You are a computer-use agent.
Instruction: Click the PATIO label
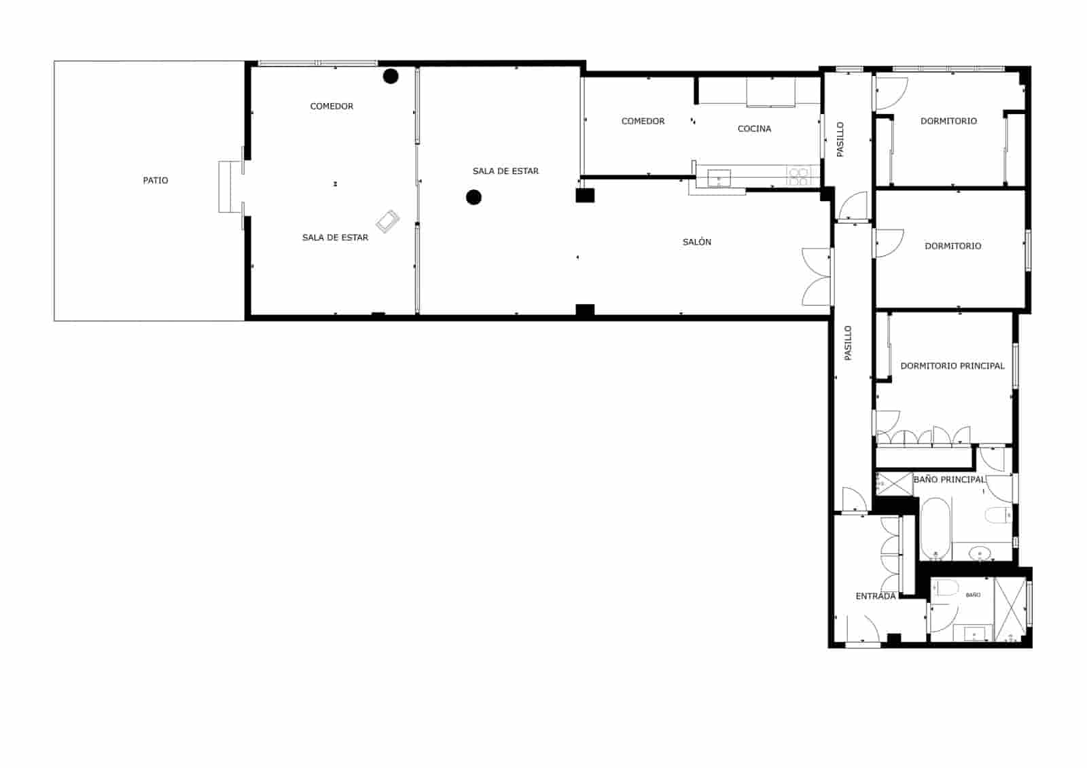point(156,181)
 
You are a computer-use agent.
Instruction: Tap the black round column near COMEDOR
point(390,76)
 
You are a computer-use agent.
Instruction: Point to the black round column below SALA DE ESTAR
point(474,197)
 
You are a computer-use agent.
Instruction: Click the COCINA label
point(754,128)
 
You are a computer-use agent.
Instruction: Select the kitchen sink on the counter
point(719,178)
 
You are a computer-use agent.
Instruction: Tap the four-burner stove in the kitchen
point(799,177)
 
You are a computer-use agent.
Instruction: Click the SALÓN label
point(697,242)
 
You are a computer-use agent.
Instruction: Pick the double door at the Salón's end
point(817,276)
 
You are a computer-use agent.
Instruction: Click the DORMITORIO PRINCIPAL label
point(952,366)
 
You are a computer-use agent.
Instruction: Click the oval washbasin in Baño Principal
point(980,552)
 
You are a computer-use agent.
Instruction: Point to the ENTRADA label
point(875,596)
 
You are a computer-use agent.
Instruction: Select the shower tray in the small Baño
point(1010,609)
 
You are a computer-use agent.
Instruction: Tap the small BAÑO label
point(973,595)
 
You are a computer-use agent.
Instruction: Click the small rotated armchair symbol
point(388,221)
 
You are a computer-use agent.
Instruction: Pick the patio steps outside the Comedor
point(230,187)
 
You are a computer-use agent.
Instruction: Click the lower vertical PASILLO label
point(848,343)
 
